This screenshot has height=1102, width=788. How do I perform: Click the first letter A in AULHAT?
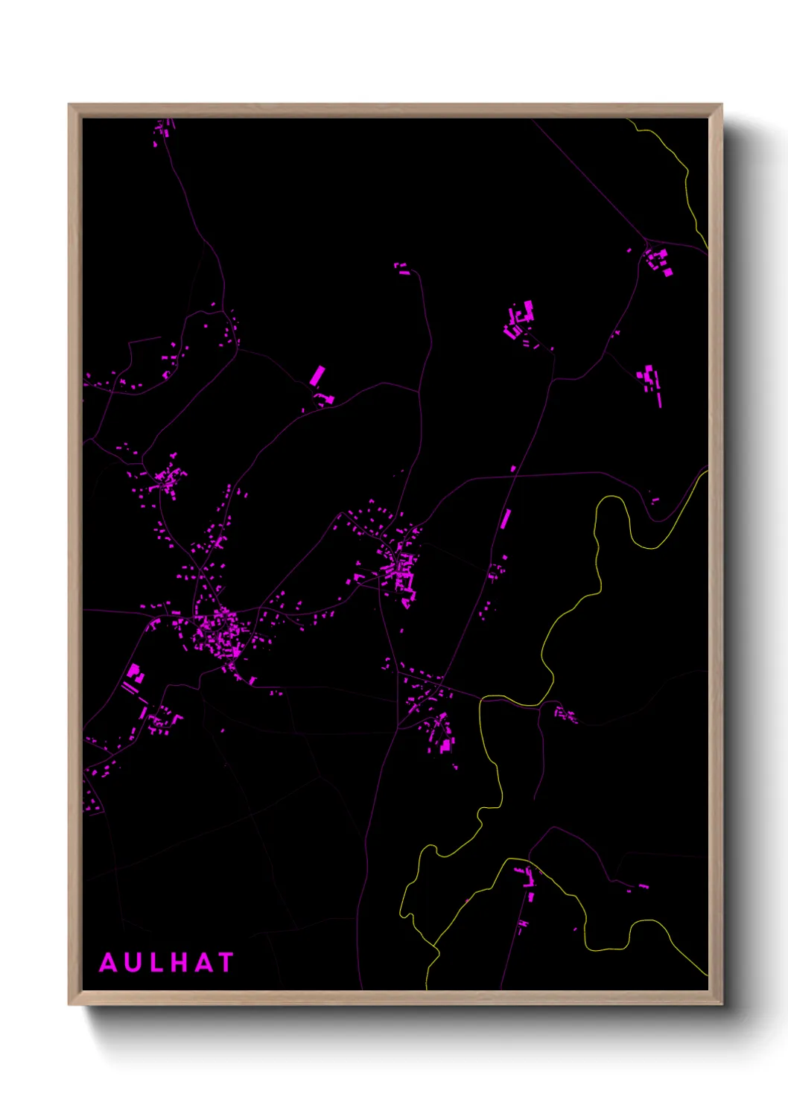click(109, 963)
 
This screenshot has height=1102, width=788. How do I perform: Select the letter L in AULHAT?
click(156, 963)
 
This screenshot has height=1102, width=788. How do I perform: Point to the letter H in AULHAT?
click(179, 963)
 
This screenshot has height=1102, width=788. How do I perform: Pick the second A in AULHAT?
click(203, 963)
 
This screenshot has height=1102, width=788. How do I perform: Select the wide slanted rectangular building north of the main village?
click(317, 375)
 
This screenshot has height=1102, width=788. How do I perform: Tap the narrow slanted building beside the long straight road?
click(506, 518)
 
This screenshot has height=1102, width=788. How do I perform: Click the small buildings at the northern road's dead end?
click(402, 269)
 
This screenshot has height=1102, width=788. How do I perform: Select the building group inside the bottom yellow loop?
click(528, 879)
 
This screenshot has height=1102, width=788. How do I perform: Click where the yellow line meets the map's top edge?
click(629, 120)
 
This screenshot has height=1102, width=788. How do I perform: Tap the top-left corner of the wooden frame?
click(70, 106)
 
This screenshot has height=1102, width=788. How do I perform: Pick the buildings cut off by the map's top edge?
click(163, 130)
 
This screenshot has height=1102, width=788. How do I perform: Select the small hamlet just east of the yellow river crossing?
click(566, 716)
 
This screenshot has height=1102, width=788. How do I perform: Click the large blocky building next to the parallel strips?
click(135, 673)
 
